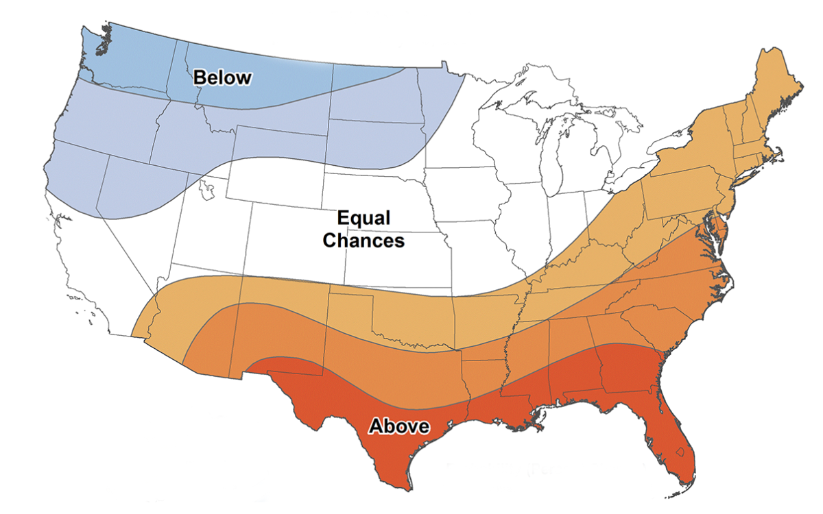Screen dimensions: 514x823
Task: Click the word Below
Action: [222, 77]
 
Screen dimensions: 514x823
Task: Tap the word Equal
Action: [363, 219]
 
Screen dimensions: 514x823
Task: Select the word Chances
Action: [363, 241]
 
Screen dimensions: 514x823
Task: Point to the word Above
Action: [399, 426]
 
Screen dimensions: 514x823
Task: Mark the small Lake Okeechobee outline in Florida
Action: [680, 452]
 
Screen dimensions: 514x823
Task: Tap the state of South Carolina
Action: [655, 322]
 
